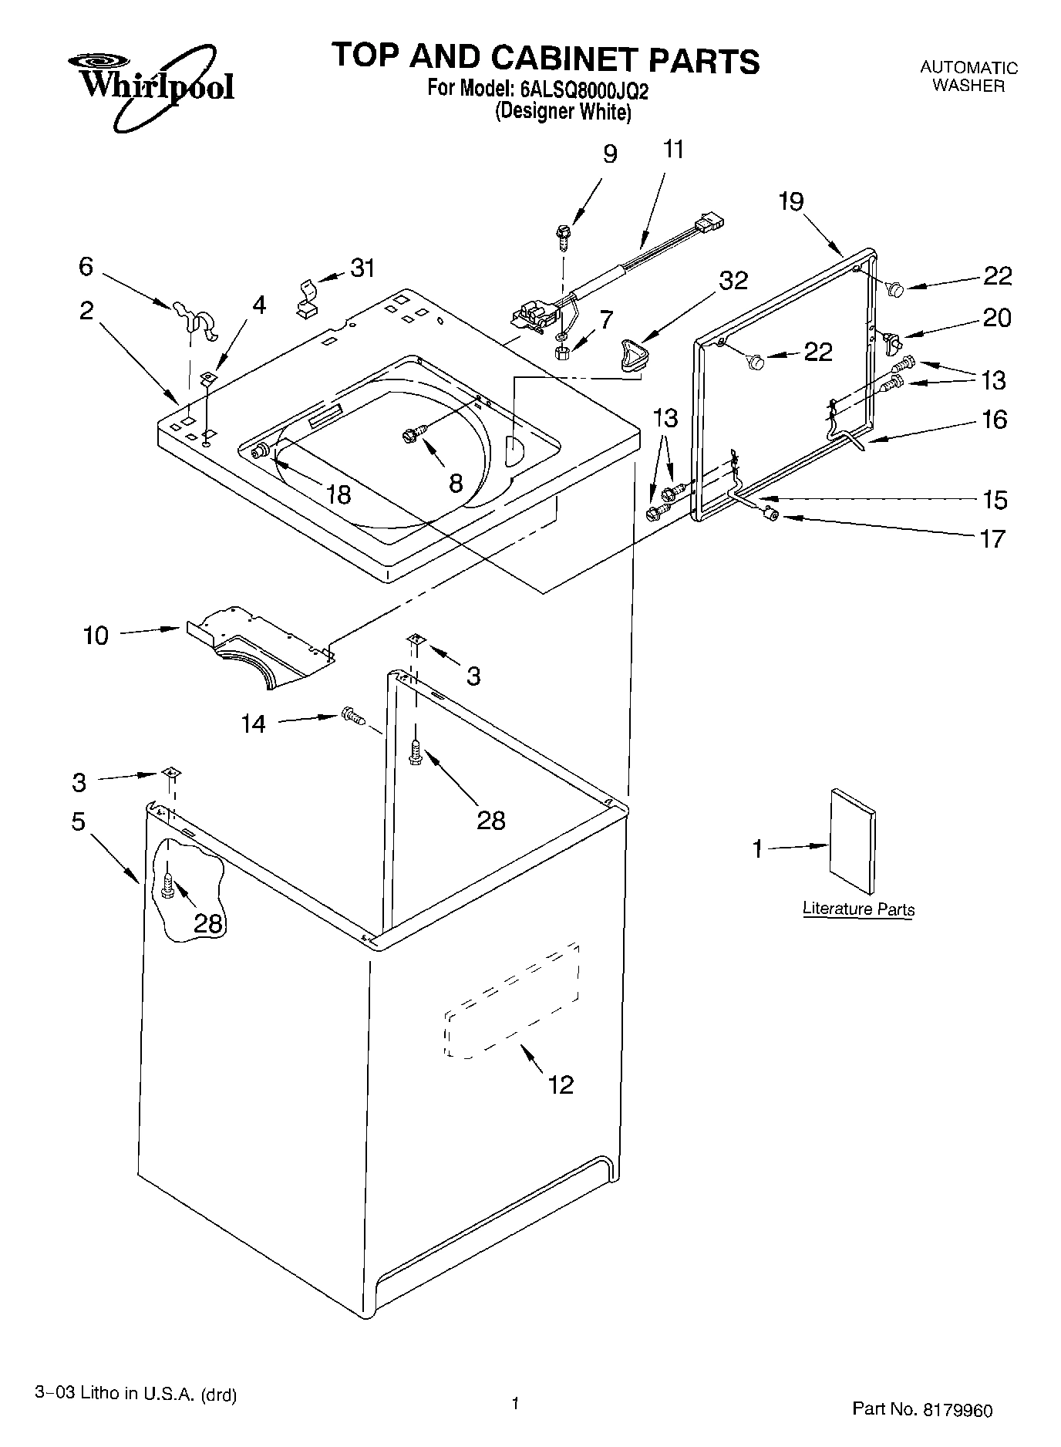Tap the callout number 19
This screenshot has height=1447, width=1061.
pyautogui.click(x=790, y=202)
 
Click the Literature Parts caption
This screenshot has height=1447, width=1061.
pyautogui.click(x=858, y=909)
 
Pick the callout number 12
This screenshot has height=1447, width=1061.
pyautogui.click(x=561, y=1085)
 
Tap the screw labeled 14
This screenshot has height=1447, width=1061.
pyautogui.click(x=352, y=717)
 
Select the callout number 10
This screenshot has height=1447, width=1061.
pyautogui.click(x=96, y=636)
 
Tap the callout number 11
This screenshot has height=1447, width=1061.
pyautogui.click(x=673, y=150)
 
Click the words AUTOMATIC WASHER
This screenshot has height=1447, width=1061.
pyautogui.click(x=968, y=77)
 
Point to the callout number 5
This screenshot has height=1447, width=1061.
pyautogui.click(x=79, y=821)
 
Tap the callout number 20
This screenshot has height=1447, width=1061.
pyautogui.click(x=996, y=318)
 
